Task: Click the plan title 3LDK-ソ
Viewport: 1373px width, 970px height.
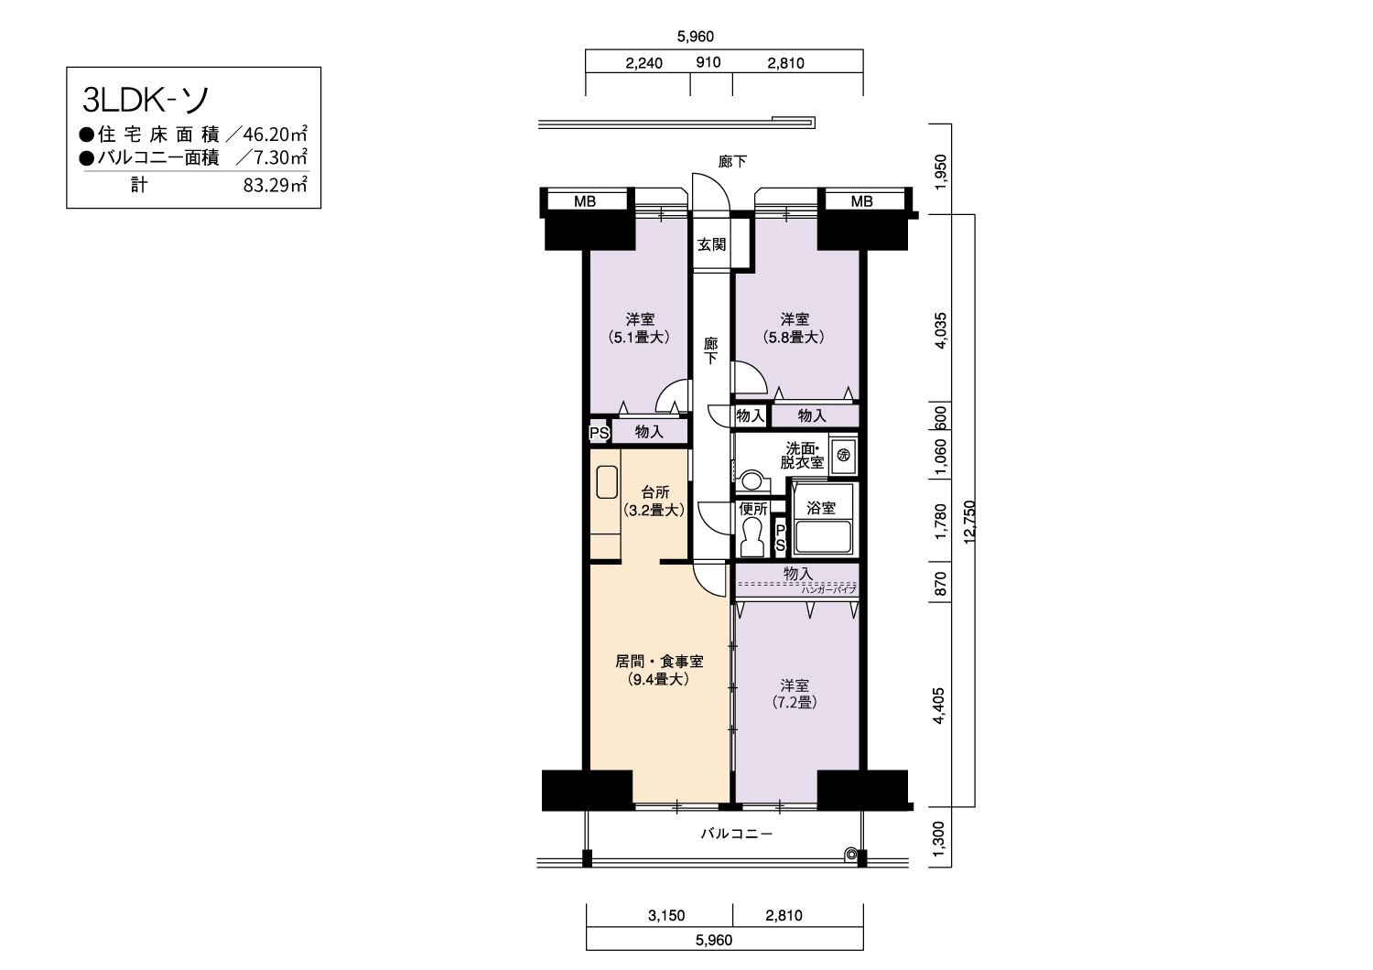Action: [146, 100]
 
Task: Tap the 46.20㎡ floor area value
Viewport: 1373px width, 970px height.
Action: [275, 134]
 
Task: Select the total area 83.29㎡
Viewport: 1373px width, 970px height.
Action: [275, 185]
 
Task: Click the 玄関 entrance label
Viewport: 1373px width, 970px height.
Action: [711, 244]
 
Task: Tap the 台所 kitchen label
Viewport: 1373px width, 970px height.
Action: [654, 492]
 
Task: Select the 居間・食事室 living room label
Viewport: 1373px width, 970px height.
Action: [659, 662]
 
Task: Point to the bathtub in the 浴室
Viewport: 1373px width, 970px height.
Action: [823, 537]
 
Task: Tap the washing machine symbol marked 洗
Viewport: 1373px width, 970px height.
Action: [843, 456]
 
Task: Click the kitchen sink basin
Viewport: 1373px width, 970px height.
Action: [607, 482]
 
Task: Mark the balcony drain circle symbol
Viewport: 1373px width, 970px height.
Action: [850, 854]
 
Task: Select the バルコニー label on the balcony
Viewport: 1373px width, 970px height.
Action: [737, 834]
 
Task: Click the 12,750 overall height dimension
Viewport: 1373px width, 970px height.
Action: [969, 523]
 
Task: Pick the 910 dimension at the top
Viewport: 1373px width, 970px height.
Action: [708, 62]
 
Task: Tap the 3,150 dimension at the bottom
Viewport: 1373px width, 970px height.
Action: [666, 915]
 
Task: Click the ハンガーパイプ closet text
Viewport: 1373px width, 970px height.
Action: [828, 589]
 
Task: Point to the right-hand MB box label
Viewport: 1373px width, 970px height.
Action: [861, 201]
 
